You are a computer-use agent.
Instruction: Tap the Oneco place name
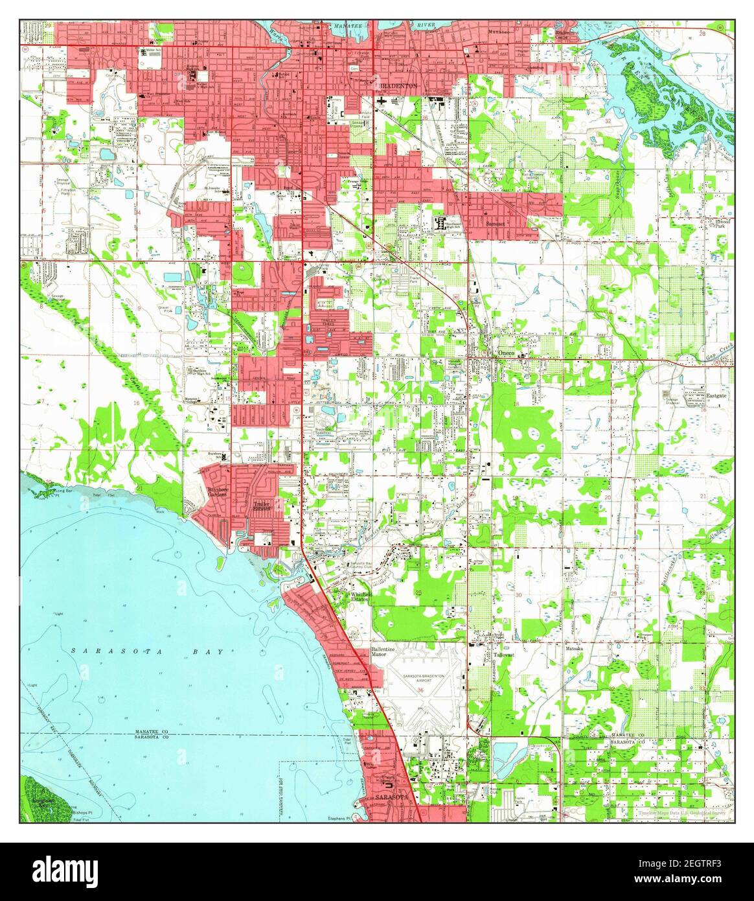tap(505, 353)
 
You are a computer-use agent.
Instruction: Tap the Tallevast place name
tap(506, 656)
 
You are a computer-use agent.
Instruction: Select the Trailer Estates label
tap(261, 505)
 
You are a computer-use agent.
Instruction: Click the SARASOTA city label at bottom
tap(391, 796)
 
